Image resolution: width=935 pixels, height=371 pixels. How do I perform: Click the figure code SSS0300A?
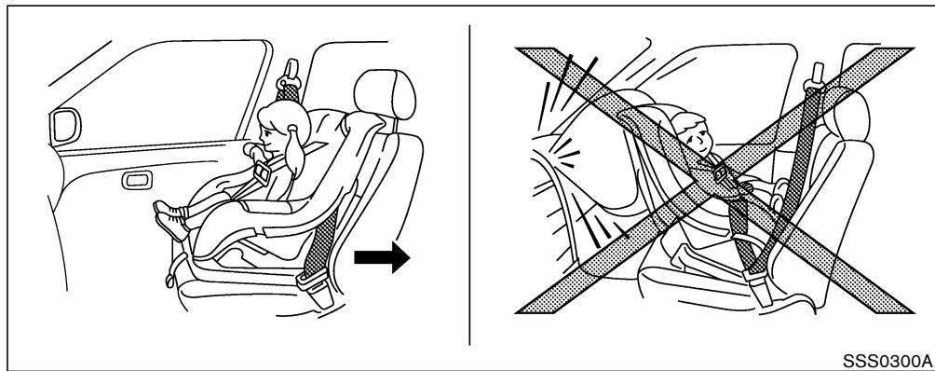(884, 358)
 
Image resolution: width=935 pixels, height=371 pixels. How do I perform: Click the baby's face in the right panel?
(691, 135)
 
